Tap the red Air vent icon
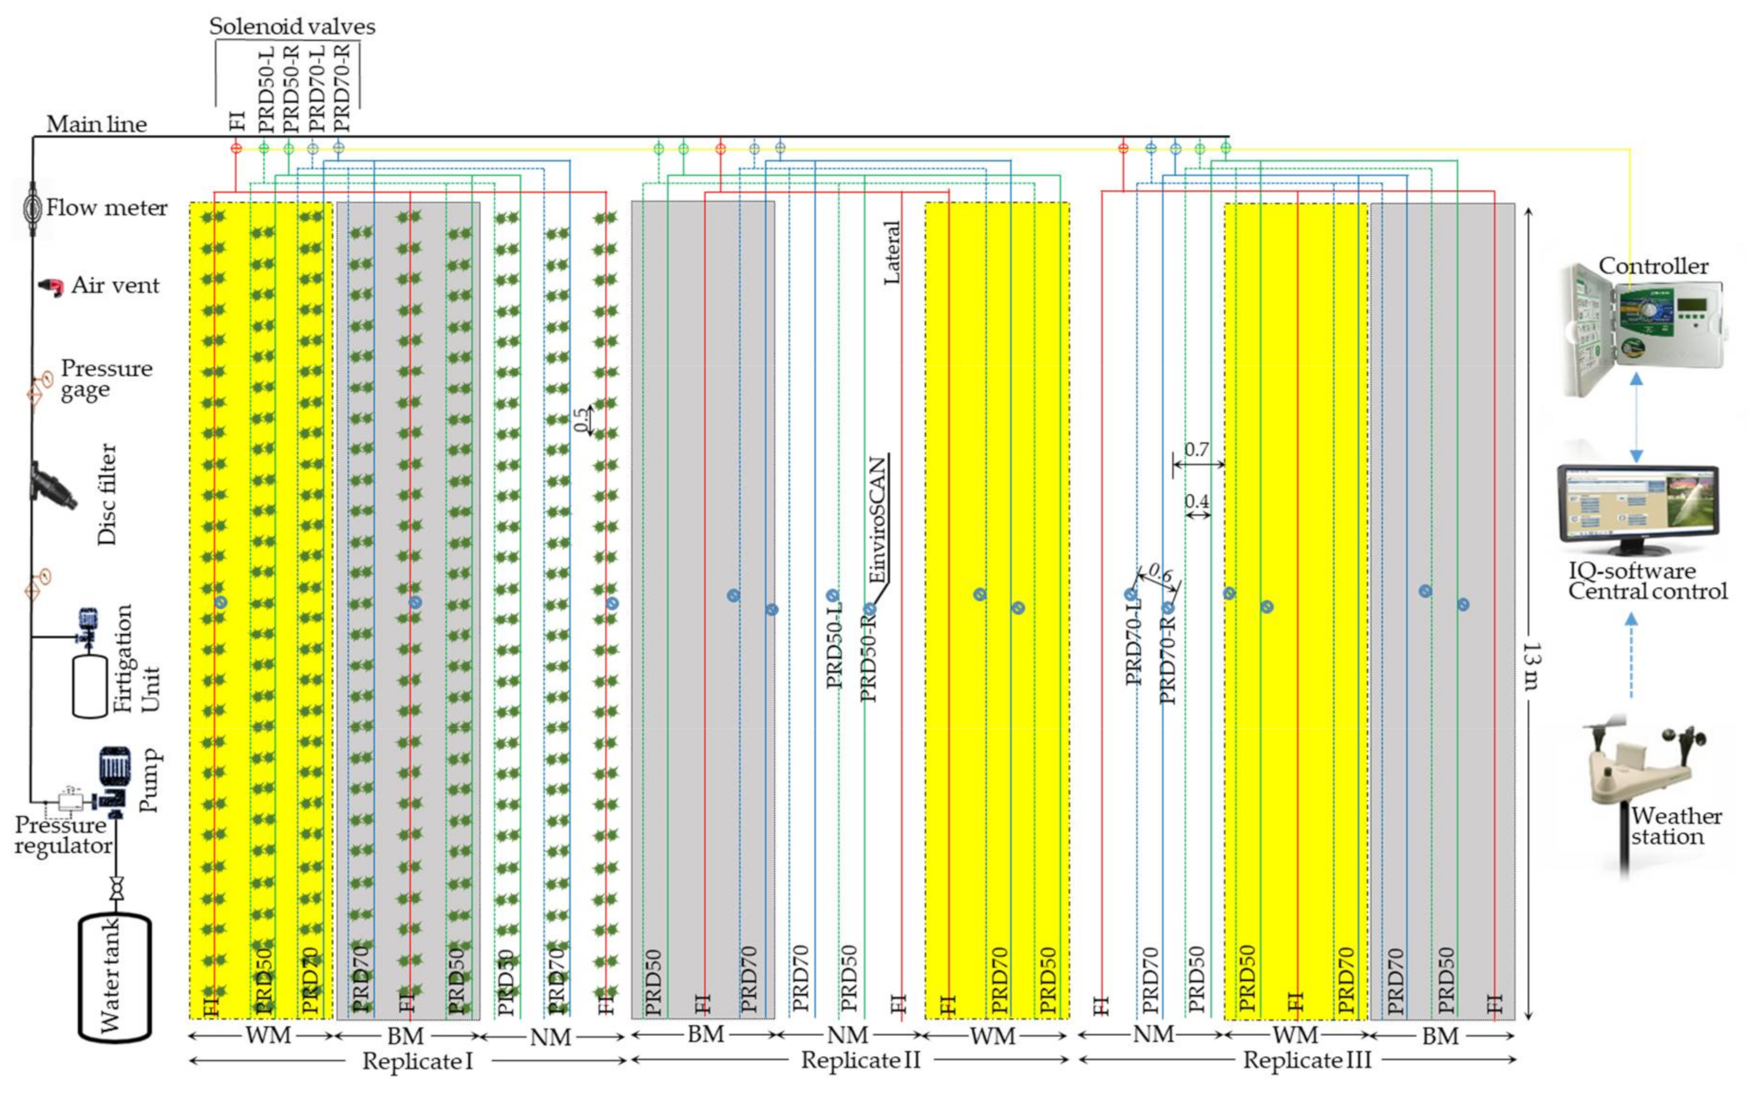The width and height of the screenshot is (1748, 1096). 51,287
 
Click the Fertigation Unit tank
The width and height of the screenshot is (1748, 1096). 90,685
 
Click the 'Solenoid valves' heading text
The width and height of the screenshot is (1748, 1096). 292,27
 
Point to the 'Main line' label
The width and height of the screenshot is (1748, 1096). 97,125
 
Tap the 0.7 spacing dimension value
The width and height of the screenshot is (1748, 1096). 1196,450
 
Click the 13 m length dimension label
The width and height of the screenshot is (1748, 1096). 1531,665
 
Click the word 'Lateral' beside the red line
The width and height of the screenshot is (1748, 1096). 892,252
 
